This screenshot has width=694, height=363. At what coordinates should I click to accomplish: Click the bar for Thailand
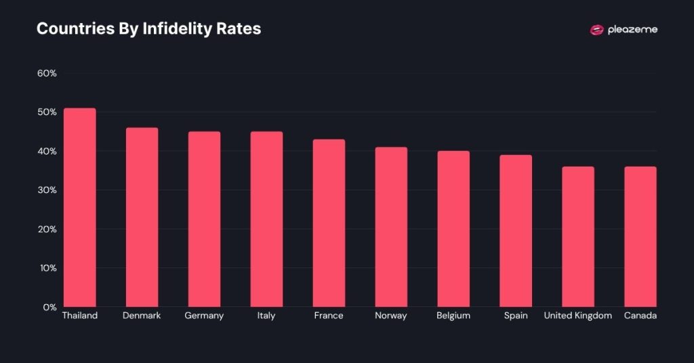pos(79,207)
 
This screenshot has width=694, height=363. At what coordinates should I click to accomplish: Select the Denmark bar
pos(142,217)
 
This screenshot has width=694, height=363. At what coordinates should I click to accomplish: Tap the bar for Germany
pos(204,219)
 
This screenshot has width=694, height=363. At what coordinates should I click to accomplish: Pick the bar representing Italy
pos(266,219)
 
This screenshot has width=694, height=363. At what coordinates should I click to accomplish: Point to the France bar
pos(329,223)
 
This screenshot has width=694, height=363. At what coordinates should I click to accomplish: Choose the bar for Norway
pos(391,227)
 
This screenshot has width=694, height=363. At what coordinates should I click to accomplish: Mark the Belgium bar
pos(453,229)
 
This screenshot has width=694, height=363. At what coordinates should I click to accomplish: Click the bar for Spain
pos(516,231)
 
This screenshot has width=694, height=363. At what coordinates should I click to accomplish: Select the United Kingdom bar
pos(578,236)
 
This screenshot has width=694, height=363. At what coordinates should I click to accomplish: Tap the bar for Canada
pos(640,236)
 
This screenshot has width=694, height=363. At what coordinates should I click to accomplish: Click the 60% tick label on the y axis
pos(46,73)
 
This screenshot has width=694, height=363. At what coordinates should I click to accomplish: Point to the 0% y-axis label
pos(49,307)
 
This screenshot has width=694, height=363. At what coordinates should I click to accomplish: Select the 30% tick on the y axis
pos(46,190)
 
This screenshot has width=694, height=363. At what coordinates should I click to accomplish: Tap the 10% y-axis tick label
pos(46,268)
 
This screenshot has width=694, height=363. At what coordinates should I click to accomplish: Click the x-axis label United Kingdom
pos(578,316)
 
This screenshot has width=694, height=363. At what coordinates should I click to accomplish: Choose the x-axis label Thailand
pos(79,316)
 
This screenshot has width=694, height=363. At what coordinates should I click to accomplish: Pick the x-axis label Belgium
pos(453,316)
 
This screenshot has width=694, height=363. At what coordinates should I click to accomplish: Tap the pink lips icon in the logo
pos(596,30)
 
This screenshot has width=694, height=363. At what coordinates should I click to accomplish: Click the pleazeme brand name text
pos(632,30)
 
